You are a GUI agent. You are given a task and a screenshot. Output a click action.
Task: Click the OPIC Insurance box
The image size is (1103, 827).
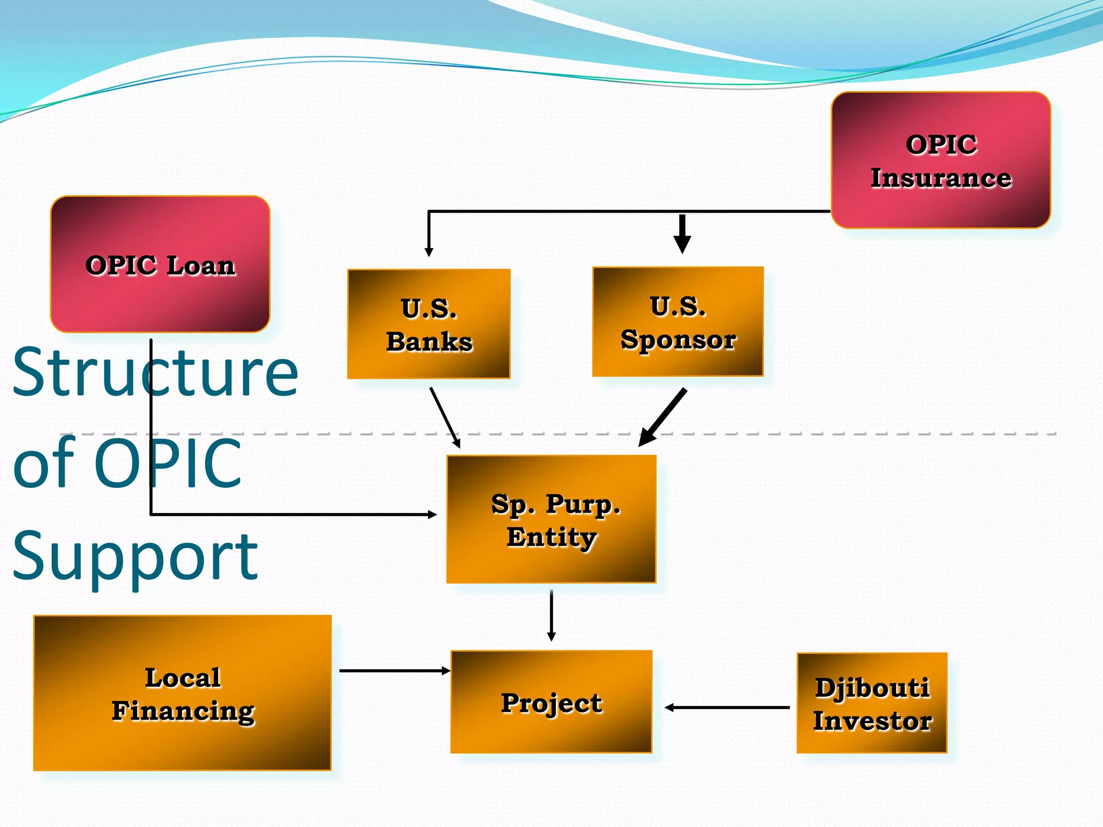pos(940,160)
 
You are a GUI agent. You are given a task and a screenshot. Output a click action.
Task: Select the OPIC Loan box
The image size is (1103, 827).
pos(160,264)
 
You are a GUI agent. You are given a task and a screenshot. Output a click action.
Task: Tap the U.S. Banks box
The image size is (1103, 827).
pos(429,324)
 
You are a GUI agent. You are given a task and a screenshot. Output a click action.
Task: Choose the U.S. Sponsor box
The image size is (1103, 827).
pos(678,321)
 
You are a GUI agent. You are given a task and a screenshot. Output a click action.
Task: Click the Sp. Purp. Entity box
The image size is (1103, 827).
pos(551,519)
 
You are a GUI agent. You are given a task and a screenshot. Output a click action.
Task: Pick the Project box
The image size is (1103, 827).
pos(551,702)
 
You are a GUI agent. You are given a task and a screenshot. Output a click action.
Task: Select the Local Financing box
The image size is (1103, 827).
pos(182,693)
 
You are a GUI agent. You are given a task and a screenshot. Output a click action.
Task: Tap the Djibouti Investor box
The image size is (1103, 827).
pos(871,703)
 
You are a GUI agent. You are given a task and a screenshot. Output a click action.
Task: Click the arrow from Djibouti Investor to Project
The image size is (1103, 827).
pos(727,707)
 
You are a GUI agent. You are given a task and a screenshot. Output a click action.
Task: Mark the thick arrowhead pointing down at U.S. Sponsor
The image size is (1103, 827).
pos(682,244)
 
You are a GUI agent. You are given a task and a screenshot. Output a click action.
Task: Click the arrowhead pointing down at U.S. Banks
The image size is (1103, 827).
pos(429,251)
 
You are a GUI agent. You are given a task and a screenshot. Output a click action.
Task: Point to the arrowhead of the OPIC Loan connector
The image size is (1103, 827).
pos(432,515)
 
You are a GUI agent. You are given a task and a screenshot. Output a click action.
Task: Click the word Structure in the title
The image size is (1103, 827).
pos(155,372)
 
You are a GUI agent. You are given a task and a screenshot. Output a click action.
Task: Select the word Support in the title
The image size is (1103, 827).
pos(135,557)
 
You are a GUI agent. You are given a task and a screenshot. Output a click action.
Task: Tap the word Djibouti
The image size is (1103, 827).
pos(872,688)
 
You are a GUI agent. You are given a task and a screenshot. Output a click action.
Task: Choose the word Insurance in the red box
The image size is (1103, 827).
pos(941,178)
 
